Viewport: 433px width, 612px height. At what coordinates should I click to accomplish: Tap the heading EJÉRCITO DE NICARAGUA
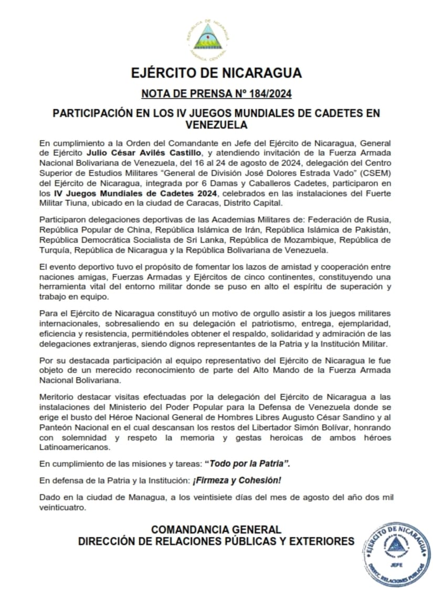(216, 72)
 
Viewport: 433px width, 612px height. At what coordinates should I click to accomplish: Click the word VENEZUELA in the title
(216, 125)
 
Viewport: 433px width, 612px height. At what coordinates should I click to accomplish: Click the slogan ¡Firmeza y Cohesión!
(242, 480)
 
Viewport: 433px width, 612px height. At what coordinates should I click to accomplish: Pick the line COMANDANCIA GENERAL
(216, 530)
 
